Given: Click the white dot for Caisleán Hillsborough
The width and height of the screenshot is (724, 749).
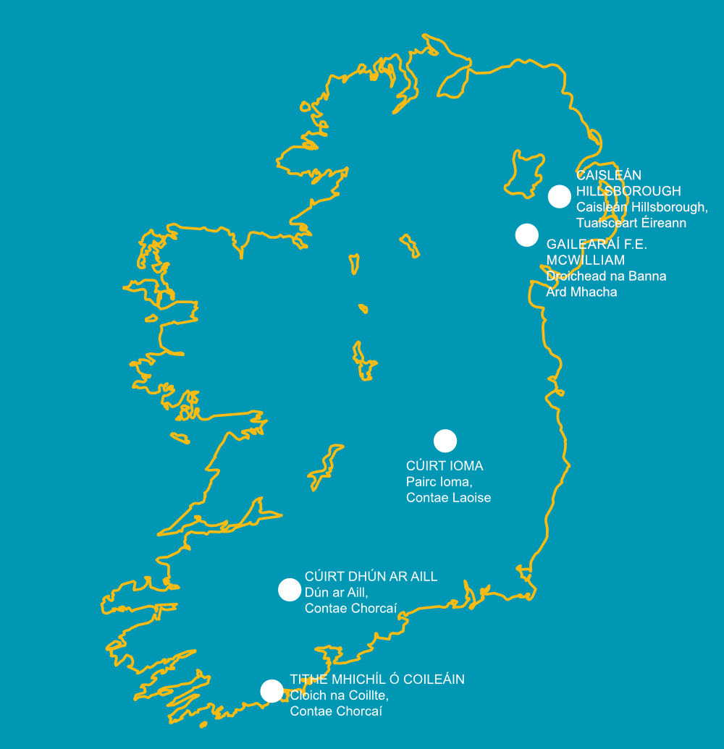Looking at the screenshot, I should (559, 196).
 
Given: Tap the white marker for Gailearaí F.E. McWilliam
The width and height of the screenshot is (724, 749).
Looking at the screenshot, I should (526, 234).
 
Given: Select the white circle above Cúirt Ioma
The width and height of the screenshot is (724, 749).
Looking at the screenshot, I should (445, 441).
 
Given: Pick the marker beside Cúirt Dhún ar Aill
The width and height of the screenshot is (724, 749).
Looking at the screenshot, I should (289, 590).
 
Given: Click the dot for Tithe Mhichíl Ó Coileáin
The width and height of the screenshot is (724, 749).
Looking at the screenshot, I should (271, 691).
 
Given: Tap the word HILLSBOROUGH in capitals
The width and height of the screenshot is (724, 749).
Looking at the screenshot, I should (628, 192).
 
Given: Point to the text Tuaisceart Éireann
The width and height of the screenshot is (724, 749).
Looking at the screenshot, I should (631, 224).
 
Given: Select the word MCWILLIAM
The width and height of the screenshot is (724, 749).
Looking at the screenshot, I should (586, 261).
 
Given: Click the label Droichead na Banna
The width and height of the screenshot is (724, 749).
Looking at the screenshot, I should (606, 276).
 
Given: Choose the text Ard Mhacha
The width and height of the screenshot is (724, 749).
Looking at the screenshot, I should (581, 292).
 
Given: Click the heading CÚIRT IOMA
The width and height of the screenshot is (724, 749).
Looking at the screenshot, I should (445, 466).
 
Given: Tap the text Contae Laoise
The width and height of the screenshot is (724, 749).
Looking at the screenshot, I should (448, 498).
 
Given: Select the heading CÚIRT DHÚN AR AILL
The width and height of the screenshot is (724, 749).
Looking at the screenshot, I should (371, 577).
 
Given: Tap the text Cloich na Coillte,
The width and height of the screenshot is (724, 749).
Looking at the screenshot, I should (340, 695).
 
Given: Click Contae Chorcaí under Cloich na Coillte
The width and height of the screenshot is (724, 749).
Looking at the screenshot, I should (336, 711).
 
